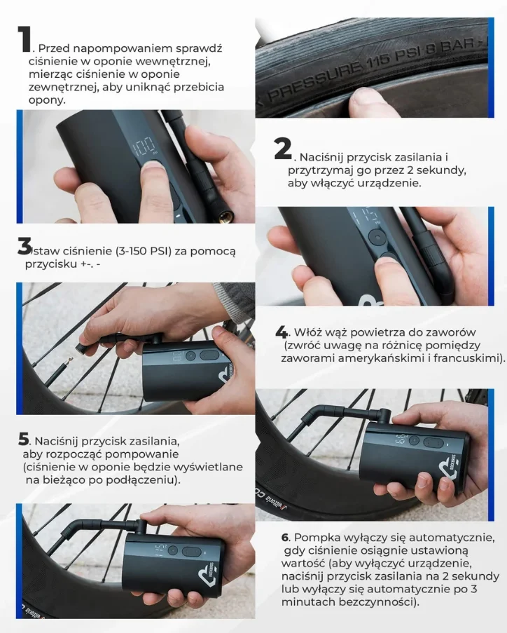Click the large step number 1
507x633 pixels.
tap(25, 39)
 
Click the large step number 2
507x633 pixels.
tap(283, 149)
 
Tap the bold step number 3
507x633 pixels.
tap(25, 246)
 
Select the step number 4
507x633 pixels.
tap(282, 332)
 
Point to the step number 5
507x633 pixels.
tap(24, 440)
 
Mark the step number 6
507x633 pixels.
tap(286, 538)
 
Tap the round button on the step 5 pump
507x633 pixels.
tap(173, 551)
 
